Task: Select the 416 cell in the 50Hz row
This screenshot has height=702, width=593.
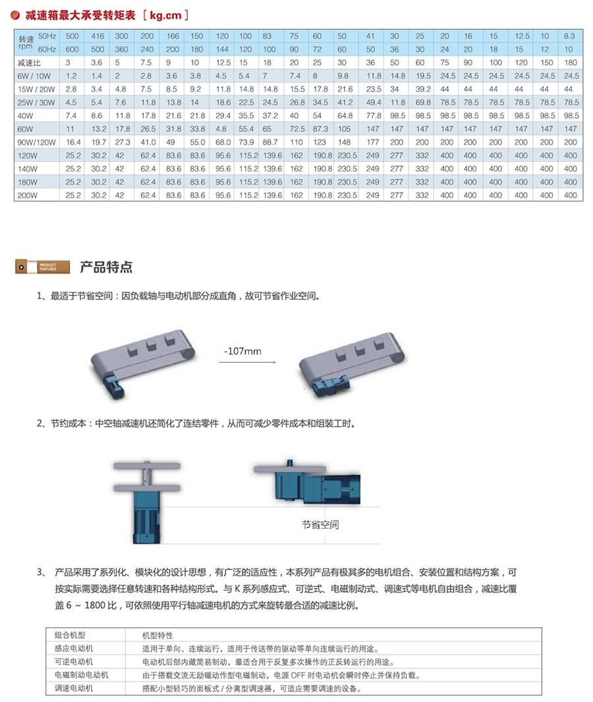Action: click(x=98, y=36)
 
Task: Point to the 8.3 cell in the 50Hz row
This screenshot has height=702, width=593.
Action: click(x=571, y=36)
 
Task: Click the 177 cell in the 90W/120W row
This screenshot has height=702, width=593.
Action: click(x=374, y=142)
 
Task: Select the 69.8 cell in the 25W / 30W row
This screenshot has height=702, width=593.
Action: click(x=422, y=102)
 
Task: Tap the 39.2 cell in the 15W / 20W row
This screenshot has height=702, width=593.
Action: click(x=422, y=89)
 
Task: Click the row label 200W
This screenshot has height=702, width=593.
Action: click(x=28, y=195)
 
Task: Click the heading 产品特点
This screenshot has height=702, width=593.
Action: click(x=105, y=267)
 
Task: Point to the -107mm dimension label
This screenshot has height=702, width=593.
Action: click(x=242, y=351)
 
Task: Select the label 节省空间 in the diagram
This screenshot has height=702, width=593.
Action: click(x=320, y=525)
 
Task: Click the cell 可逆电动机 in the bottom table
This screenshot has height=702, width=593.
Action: click(x=74, y=661)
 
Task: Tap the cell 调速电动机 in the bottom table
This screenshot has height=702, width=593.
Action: click(x=74, y=688)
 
